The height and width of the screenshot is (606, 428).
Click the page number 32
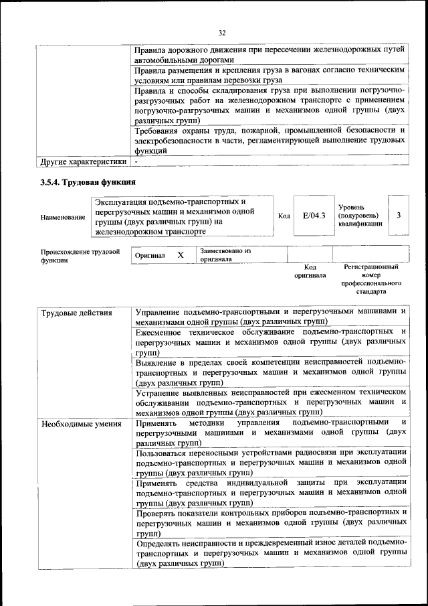222,31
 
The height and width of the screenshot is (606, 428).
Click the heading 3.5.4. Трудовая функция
88,181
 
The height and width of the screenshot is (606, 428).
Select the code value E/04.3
313,216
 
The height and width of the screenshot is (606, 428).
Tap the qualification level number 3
399,216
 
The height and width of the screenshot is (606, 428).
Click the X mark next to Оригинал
181,255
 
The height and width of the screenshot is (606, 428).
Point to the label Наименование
63,217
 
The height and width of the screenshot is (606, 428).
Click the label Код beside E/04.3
284,216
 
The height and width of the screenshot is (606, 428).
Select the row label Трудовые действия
77,313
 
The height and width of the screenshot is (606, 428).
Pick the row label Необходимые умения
81,424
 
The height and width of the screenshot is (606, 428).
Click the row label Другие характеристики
83,161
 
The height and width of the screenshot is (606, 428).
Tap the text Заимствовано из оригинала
224,254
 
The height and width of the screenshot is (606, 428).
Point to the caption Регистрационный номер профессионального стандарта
370,279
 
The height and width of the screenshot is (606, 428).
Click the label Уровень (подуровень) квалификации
361,216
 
